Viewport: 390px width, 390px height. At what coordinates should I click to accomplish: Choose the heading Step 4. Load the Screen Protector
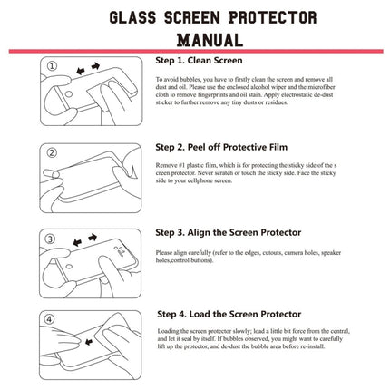click(x=229, y=314)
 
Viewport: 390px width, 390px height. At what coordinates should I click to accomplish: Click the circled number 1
click(x=52, y=66)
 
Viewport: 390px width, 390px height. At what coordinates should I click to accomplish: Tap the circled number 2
click(x=52, y=151)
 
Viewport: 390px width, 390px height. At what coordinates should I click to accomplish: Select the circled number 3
click(x=52, y=238)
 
